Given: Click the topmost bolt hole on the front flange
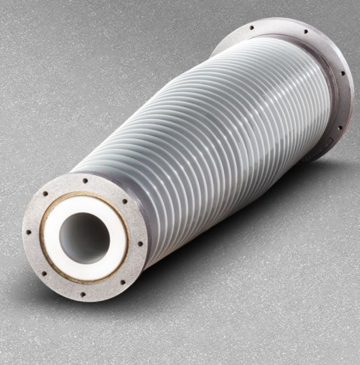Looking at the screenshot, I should coord(85,180).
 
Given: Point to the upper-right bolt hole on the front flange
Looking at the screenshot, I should coord(124,201).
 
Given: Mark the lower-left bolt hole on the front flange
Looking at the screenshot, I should coord(44,274).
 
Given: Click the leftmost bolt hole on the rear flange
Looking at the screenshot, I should coord(252,28).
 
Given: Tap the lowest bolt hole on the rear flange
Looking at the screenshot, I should coord(340,128).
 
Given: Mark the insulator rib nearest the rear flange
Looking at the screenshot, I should coord(321,92).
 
